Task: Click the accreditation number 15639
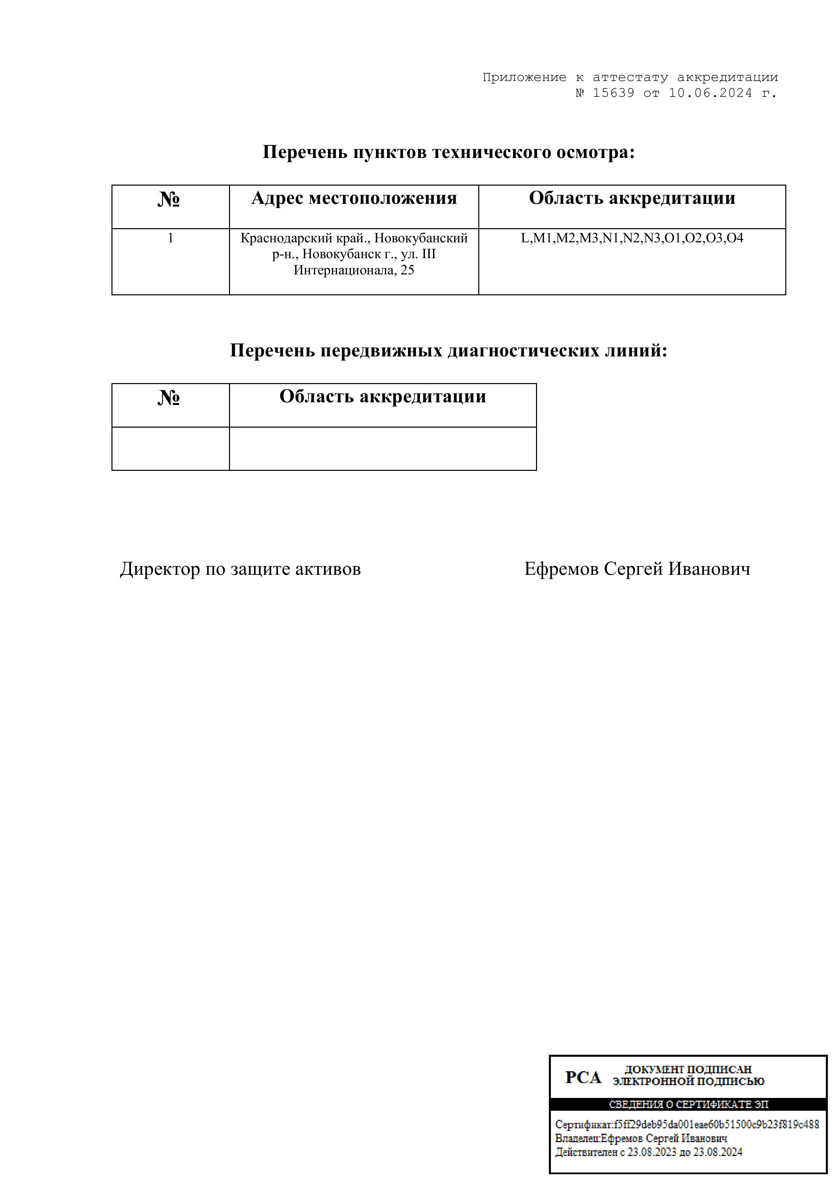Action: (613, 93)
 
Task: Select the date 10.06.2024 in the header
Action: (711, 93)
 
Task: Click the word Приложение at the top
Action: (524, 78)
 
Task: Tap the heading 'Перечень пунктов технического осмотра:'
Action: (449, 153)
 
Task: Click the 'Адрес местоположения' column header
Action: (354, 198)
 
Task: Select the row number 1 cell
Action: (170, 239)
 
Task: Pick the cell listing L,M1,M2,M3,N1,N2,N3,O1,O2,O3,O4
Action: (632, 239)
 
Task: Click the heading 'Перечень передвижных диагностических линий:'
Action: (449, 351)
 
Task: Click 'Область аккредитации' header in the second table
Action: (382, 397)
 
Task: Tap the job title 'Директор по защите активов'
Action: (240, 570)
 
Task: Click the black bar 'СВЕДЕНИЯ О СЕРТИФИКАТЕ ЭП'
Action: (688, 1105)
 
